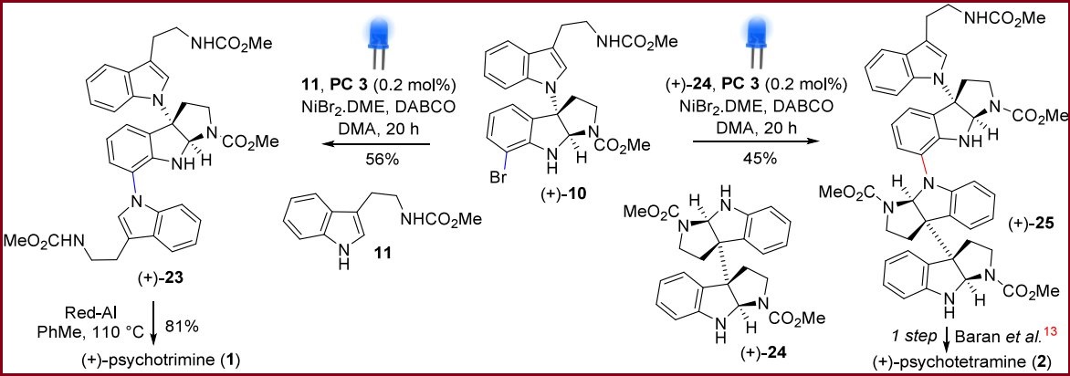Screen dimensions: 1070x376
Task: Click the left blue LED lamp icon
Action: (377, 41)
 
